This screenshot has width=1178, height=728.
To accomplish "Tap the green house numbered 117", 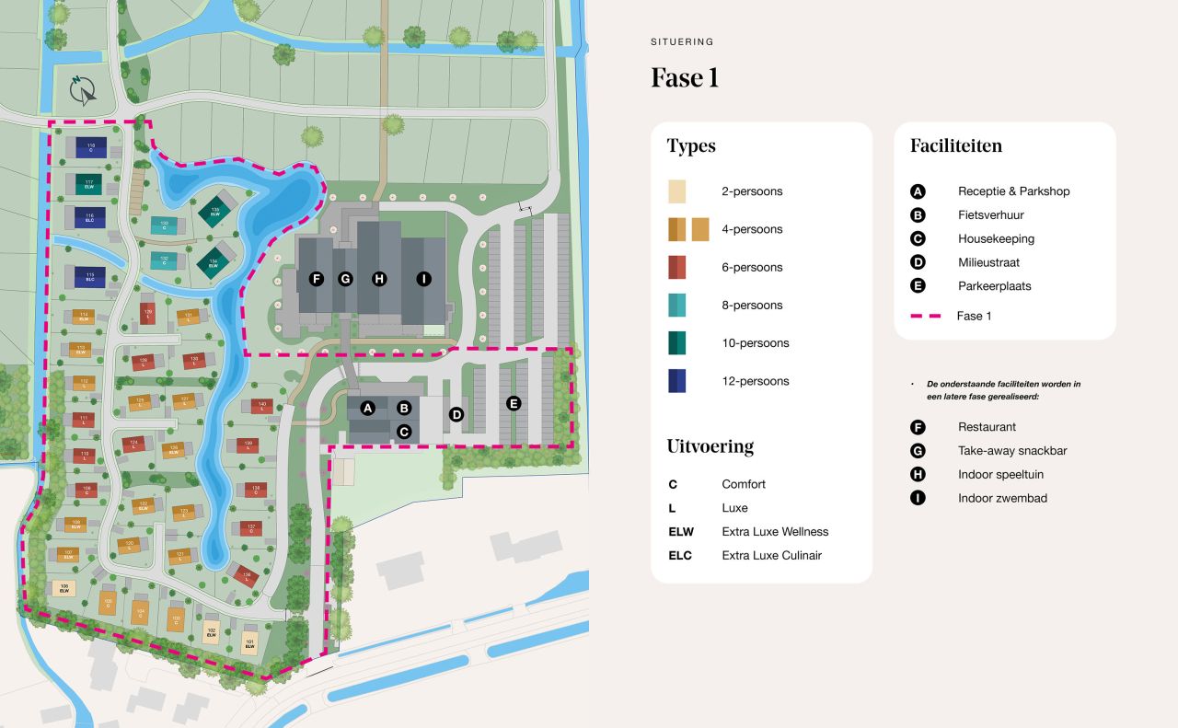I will (x=89, y=183).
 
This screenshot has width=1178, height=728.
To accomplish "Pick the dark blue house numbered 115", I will (x=90, y=275).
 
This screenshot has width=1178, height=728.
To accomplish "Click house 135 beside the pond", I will (x=244, y=576).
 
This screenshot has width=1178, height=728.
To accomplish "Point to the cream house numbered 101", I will (x=249, y=642).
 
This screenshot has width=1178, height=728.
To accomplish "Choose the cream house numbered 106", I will (x=64, y=588).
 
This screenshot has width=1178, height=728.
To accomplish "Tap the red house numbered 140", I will (x=261, y=406).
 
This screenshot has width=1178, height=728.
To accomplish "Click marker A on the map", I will (x=368, y=408).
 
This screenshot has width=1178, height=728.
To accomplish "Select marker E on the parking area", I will (x=514, y=403).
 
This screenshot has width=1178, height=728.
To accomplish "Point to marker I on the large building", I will (x=423, y=279).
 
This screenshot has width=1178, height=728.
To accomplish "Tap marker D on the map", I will (x=456, y=414).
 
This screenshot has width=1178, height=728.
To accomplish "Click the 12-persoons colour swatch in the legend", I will (x=677, y=381).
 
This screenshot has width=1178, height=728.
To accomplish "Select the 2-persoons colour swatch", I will (x=677, y=191).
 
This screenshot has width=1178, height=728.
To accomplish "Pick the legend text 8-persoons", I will (x=752, y=306).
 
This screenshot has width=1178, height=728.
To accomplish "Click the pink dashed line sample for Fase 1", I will (x=925, y=316).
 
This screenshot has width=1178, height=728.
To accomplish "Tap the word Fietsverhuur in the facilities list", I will (x=990, y=215).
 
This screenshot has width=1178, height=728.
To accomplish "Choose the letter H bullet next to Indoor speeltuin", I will (x=918, y=475).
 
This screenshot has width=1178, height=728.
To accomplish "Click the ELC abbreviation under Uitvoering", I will (x=680, y=556).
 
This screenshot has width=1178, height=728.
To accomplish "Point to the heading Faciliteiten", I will (x=956, y=145).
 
